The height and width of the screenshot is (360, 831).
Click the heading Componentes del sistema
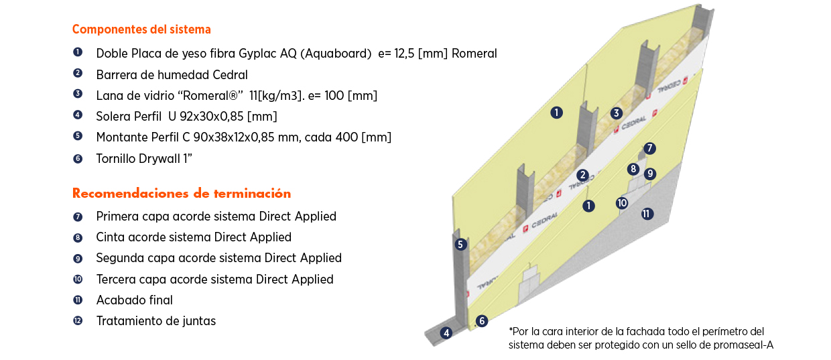(x=141, y=29)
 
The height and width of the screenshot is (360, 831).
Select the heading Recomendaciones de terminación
(x=182, y=194)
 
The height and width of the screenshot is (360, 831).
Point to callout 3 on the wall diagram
(x=617, y=113)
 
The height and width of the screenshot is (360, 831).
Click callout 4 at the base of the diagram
(x=446, y=333)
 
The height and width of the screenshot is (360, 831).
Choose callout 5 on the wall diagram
(x=460, y=245)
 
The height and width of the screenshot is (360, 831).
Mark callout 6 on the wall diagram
(x=481, y=321)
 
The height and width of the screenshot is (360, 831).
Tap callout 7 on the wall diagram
(x=649, y=148)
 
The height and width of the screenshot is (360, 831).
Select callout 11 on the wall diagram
(x=647, y=214)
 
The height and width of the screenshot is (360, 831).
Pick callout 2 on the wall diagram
(x=583, y=175)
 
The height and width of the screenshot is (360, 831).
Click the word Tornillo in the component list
(x=117, y=159)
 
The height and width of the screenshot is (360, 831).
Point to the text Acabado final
(x=134, y=300)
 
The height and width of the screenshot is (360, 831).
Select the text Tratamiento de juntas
(x=156, y=321)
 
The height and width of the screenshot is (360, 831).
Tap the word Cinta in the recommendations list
(x=111, y=237)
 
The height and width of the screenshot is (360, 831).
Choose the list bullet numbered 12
(x=78, y=320)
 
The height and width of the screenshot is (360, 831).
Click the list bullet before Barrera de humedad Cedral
(x=78, y=73)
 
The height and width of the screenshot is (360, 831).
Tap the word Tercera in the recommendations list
(x=117, y=280)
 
